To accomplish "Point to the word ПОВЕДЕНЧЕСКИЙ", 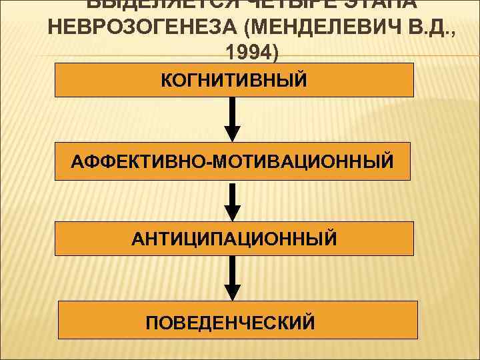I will pyautogui.click(x=231, y=323).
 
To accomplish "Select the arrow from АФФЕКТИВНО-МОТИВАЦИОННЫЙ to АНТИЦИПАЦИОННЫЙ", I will pyautogui.click(x=231, y=200).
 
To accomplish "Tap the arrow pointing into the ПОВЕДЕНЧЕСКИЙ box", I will pyautogui.click(x=231, y=277).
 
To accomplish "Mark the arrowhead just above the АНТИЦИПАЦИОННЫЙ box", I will pyautogui.click(x=231, y=213).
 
